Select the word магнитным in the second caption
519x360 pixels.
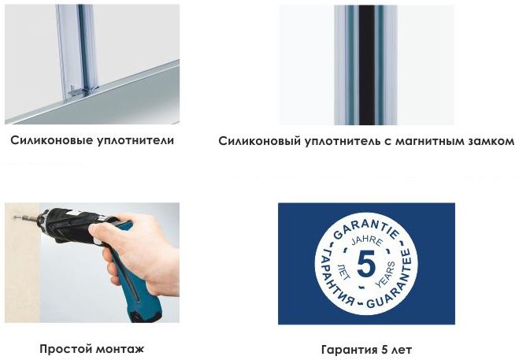click(417, 143)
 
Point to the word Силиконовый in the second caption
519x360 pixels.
click(259, 143)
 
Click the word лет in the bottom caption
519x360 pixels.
click(401, 349)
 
